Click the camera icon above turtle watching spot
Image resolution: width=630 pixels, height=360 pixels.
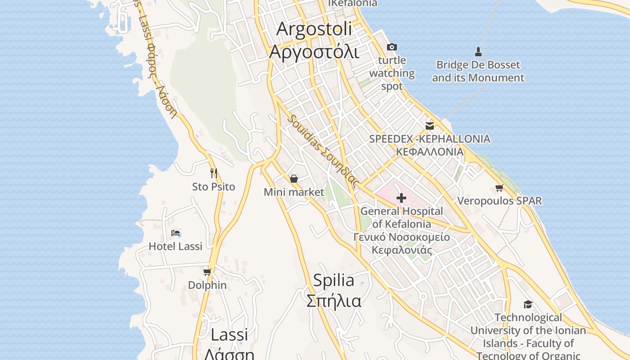tap(392, 47)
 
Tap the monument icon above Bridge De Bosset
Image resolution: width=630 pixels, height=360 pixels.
tap(478, 52)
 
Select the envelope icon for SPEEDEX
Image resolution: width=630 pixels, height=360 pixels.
tap(430, 126)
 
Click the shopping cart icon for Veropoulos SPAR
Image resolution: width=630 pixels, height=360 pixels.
tap(499, 188)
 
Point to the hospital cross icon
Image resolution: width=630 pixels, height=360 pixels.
tap(401, 198)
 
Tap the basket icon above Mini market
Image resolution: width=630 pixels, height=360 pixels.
tap(294, 179)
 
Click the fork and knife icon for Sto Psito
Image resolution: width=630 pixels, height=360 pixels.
tap(214, 173)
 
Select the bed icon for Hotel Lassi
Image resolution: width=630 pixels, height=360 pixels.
tap(175, 233)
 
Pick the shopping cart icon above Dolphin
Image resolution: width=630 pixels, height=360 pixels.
tap(207, 272)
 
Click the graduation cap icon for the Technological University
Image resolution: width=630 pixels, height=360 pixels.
tap(528, 305)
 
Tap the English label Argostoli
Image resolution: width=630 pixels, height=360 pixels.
tap(314, 29)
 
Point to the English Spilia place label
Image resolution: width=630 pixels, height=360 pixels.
tap(333, 280)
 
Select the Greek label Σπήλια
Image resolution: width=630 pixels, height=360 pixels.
tap(333, 301)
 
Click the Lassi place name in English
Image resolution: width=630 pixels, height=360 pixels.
tap(229, 334)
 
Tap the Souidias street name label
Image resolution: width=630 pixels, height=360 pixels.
tap(324, 152)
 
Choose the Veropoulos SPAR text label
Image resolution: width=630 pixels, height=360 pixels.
tap(499, 201)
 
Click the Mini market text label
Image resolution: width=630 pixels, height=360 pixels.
tap(294, 192)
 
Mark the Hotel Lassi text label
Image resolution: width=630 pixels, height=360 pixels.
tap(175, 246)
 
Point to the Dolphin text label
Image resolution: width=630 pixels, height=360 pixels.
tap(207, 285)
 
